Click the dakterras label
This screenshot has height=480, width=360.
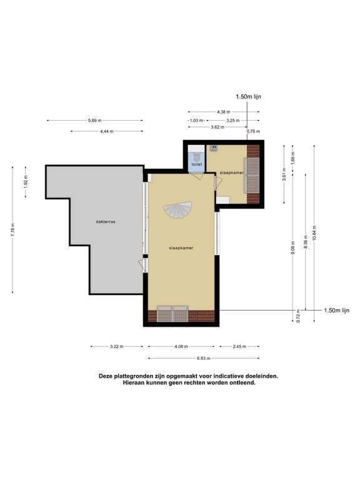tap(106, 221)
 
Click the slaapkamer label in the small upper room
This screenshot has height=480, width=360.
tap(231, 172)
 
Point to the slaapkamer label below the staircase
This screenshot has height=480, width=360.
tap(181, 248)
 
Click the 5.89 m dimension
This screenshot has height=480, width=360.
tap(94, 120)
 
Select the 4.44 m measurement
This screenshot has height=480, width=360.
tap(107, 131)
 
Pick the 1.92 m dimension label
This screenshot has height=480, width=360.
tap(26, 181)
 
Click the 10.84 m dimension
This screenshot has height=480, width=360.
tap(315, 227)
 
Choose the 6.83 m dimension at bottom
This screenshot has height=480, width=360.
tap(203, 358)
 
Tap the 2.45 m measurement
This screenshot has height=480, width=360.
tap(238, 346)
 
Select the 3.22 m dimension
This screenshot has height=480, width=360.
tap(116, 346)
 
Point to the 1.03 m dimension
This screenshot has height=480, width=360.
tap(197, 120)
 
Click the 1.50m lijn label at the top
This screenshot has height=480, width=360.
tap(248, 97)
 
